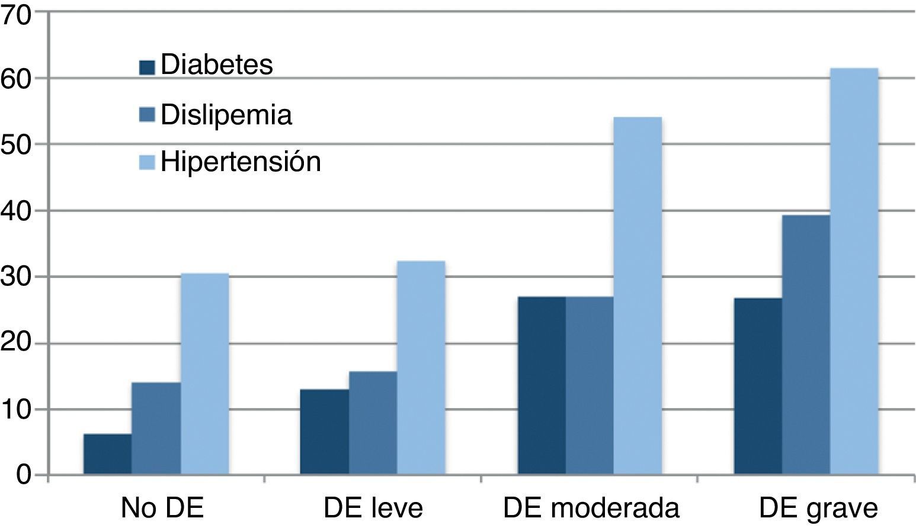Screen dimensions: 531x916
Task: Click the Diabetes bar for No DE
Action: [x=107, y=454]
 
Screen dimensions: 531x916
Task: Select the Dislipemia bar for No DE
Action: [x=156, y=429]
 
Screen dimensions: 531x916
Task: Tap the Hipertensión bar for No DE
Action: [x=204, y=374]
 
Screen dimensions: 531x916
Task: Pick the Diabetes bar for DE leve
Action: [x=324, y=432]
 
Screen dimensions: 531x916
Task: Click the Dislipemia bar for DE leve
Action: [x=373, y=423]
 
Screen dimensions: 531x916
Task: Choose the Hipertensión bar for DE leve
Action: [x=421, y=368]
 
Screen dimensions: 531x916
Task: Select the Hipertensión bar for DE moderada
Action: [x=638, y=296]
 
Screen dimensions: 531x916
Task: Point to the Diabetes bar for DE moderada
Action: [x=542, y=385]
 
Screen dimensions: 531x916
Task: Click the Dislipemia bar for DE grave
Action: [x=806, y=345]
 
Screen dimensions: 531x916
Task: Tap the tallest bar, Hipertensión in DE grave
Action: [x=854, y=272]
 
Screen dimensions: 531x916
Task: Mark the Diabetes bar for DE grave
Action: [x=758, y=386]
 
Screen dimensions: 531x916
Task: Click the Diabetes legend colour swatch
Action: [x=147, y=67]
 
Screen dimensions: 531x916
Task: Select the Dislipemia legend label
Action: [x=226, y=115]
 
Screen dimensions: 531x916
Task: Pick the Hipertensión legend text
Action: [x=241, y=162]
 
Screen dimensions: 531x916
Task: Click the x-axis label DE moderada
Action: [x=591, y=509]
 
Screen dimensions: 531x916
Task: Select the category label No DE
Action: [x=162, y=509]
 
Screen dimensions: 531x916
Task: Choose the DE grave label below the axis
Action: [x=818, y=509]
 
